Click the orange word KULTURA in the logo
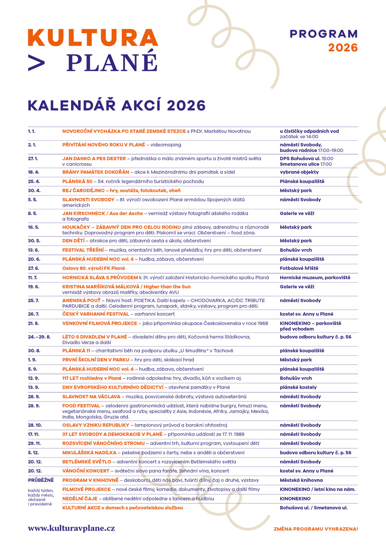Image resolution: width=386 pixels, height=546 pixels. click(93, 38)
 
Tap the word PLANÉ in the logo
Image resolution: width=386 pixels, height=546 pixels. click(112, 62)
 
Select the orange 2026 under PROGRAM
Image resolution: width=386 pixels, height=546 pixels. click(343, 48)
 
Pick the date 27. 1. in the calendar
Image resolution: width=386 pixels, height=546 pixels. click(33, 159)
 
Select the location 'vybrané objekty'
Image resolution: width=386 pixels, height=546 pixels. click(299, 172)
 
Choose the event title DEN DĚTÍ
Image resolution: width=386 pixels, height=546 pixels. click(73, 241)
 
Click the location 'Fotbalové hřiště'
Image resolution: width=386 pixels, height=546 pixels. click(299, 269)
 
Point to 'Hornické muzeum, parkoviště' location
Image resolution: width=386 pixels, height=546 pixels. click(315, 278)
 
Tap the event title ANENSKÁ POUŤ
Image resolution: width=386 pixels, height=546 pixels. click(81, 300)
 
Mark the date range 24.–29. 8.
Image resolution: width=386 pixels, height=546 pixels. click(39, 337)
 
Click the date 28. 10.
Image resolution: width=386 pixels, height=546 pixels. click(35, 425)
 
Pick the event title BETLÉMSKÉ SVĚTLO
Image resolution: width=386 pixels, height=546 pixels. click(86, 462)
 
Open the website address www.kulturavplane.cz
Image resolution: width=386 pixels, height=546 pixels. click(71, 529)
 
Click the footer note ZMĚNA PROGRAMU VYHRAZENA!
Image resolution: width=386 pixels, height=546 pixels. click(316, 529)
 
